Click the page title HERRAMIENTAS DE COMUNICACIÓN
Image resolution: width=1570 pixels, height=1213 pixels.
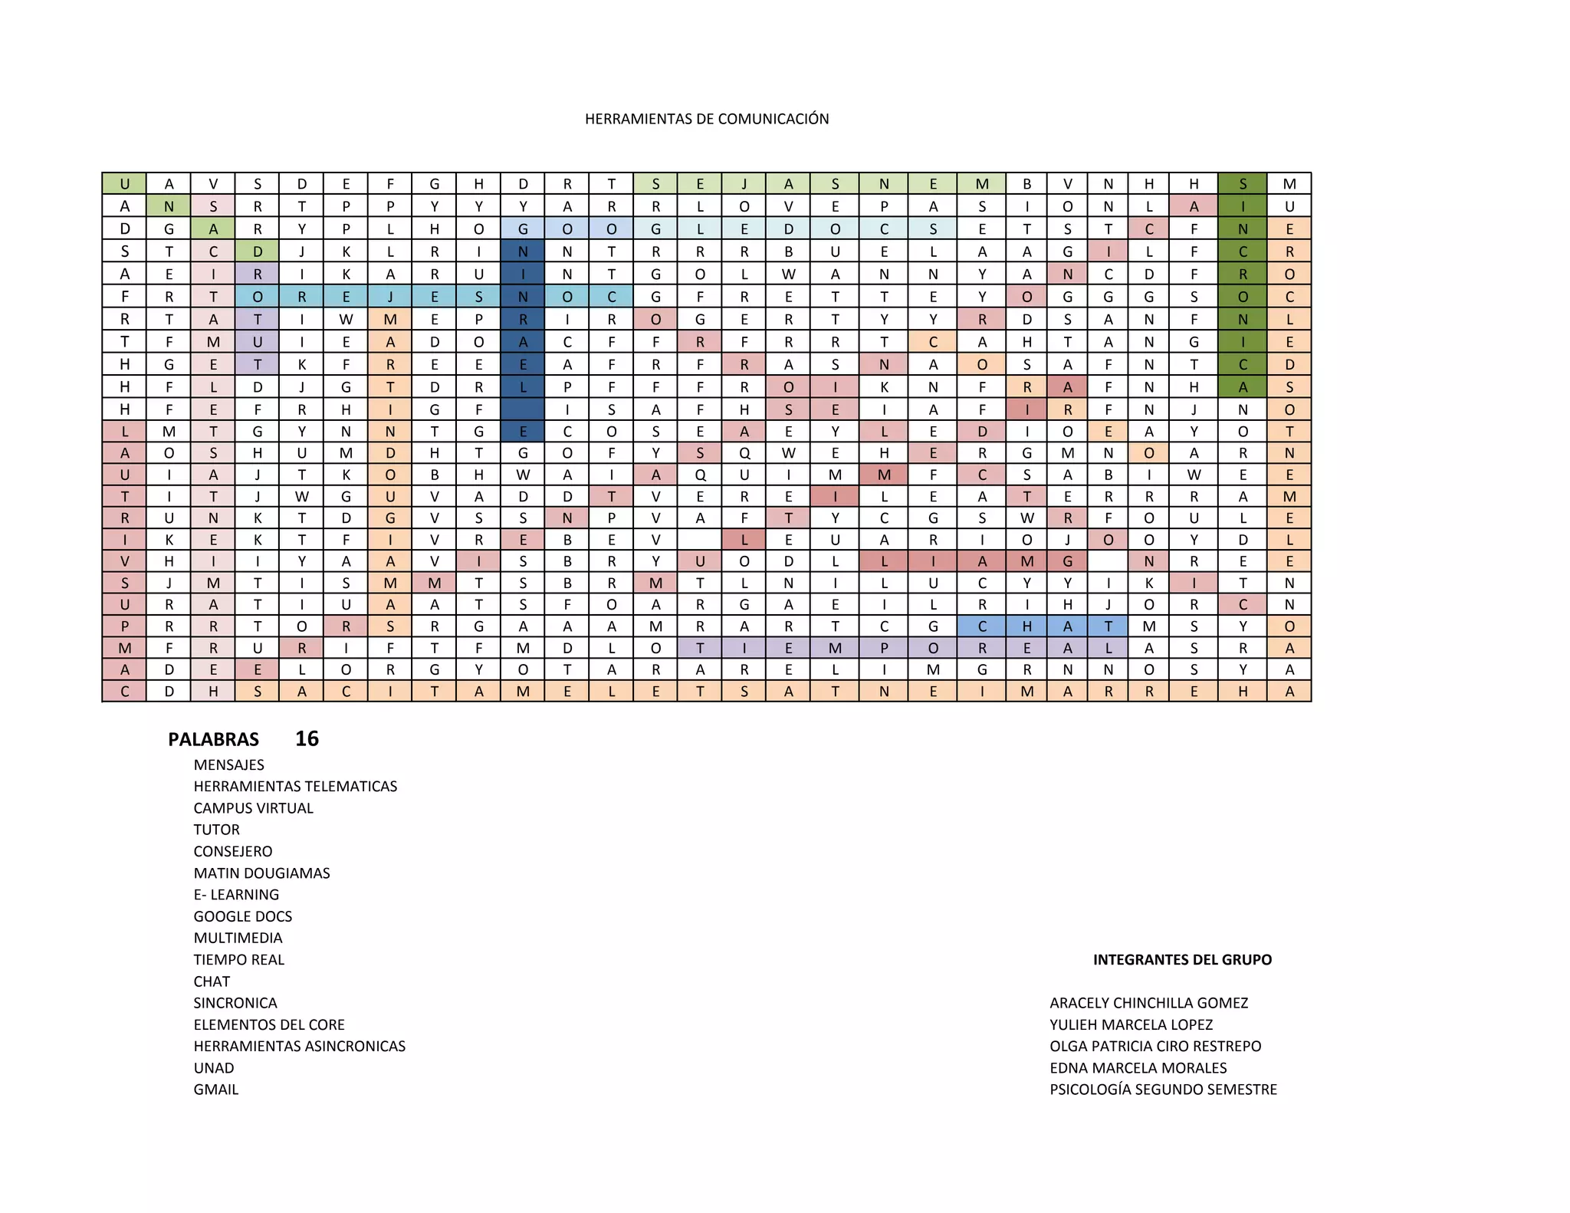pos(706,119)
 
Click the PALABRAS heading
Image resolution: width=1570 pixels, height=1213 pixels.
pos(213,739)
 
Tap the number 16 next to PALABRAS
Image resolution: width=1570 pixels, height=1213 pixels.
pos(307,738)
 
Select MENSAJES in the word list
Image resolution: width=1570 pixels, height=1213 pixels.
pos(228,764)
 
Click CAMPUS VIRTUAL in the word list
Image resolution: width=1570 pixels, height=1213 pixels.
pos(253,808)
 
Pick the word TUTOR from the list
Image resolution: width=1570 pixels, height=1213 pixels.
pos(216,830)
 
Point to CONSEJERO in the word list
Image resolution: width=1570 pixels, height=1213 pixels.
pos(232,851)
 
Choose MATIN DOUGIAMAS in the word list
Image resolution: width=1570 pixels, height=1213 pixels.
pos(261,873)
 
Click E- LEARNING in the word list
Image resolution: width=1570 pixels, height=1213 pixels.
pos(236,895)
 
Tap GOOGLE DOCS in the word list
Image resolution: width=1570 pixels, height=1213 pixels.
pos(242,916)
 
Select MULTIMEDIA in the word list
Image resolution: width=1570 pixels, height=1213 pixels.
pos(238,938)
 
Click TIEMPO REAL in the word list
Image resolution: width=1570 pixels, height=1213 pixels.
pos(238,959)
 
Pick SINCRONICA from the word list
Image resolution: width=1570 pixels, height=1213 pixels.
pos(235,1003)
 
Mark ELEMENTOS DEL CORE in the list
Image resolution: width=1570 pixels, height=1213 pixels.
pos(268,1024)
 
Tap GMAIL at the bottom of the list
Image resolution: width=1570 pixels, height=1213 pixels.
pos(215,1090)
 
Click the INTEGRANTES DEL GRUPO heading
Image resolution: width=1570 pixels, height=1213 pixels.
pos(1182,959)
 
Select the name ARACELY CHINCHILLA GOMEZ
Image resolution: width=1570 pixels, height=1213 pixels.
pos(1148,1003)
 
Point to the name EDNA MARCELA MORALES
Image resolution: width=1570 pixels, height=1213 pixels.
pos(1138,1068)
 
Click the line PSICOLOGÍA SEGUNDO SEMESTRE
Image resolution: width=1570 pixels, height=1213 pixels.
pos(1163,1090)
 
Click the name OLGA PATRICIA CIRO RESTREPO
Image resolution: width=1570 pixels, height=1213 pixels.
pos(1155,1046)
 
